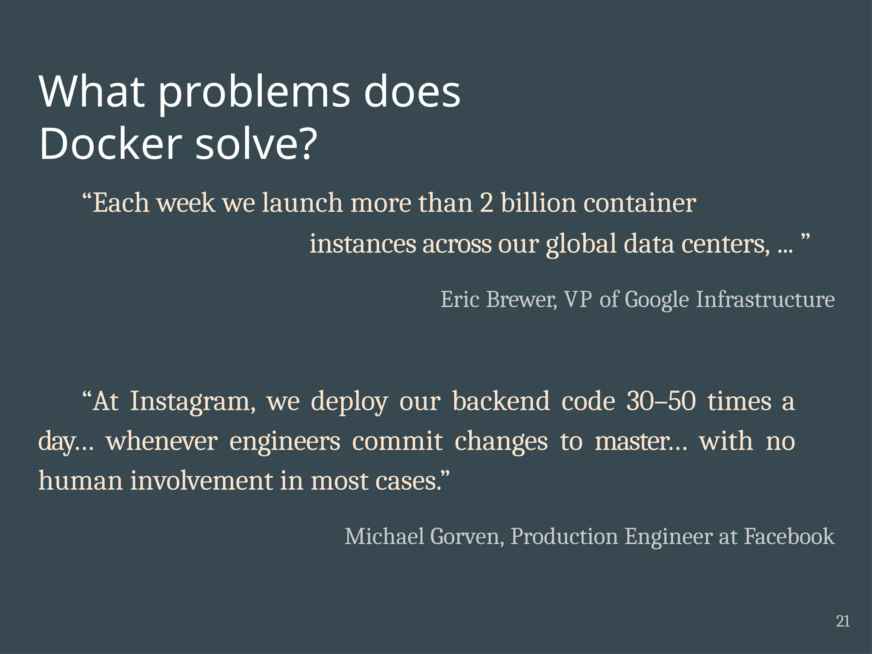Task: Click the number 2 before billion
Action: pyautogui.click(x=486, y=203)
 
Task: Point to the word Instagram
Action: pyautogui.click(x=193, y=402)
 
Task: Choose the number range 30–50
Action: pyautogui.click(x=661, y=401)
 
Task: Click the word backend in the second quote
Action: pyautogui.click(x=501, y=401)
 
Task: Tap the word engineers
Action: pyautogui.click(x=285, y=442)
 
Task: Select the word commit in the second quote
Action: pyautogui.click(x=397, y=441)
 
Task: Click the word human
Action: pyautogui.click(x=80, y=481)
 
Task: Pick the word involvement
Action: pyautogui.click(x=201, y=481)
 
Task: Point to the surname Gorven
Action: pyautogui.click(x=467, y=536)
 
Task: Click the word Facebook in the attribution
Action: pyautogui.click(x=789, y=536)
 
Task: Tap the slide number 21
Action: pyautogui.click(x=843, y=621)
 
